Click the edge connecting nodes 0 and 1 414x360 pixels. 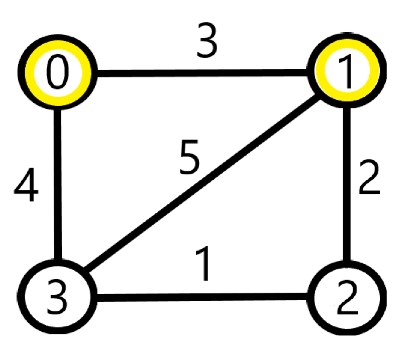point(201,75)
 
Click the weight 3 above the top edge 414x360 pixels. point(206,43)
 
